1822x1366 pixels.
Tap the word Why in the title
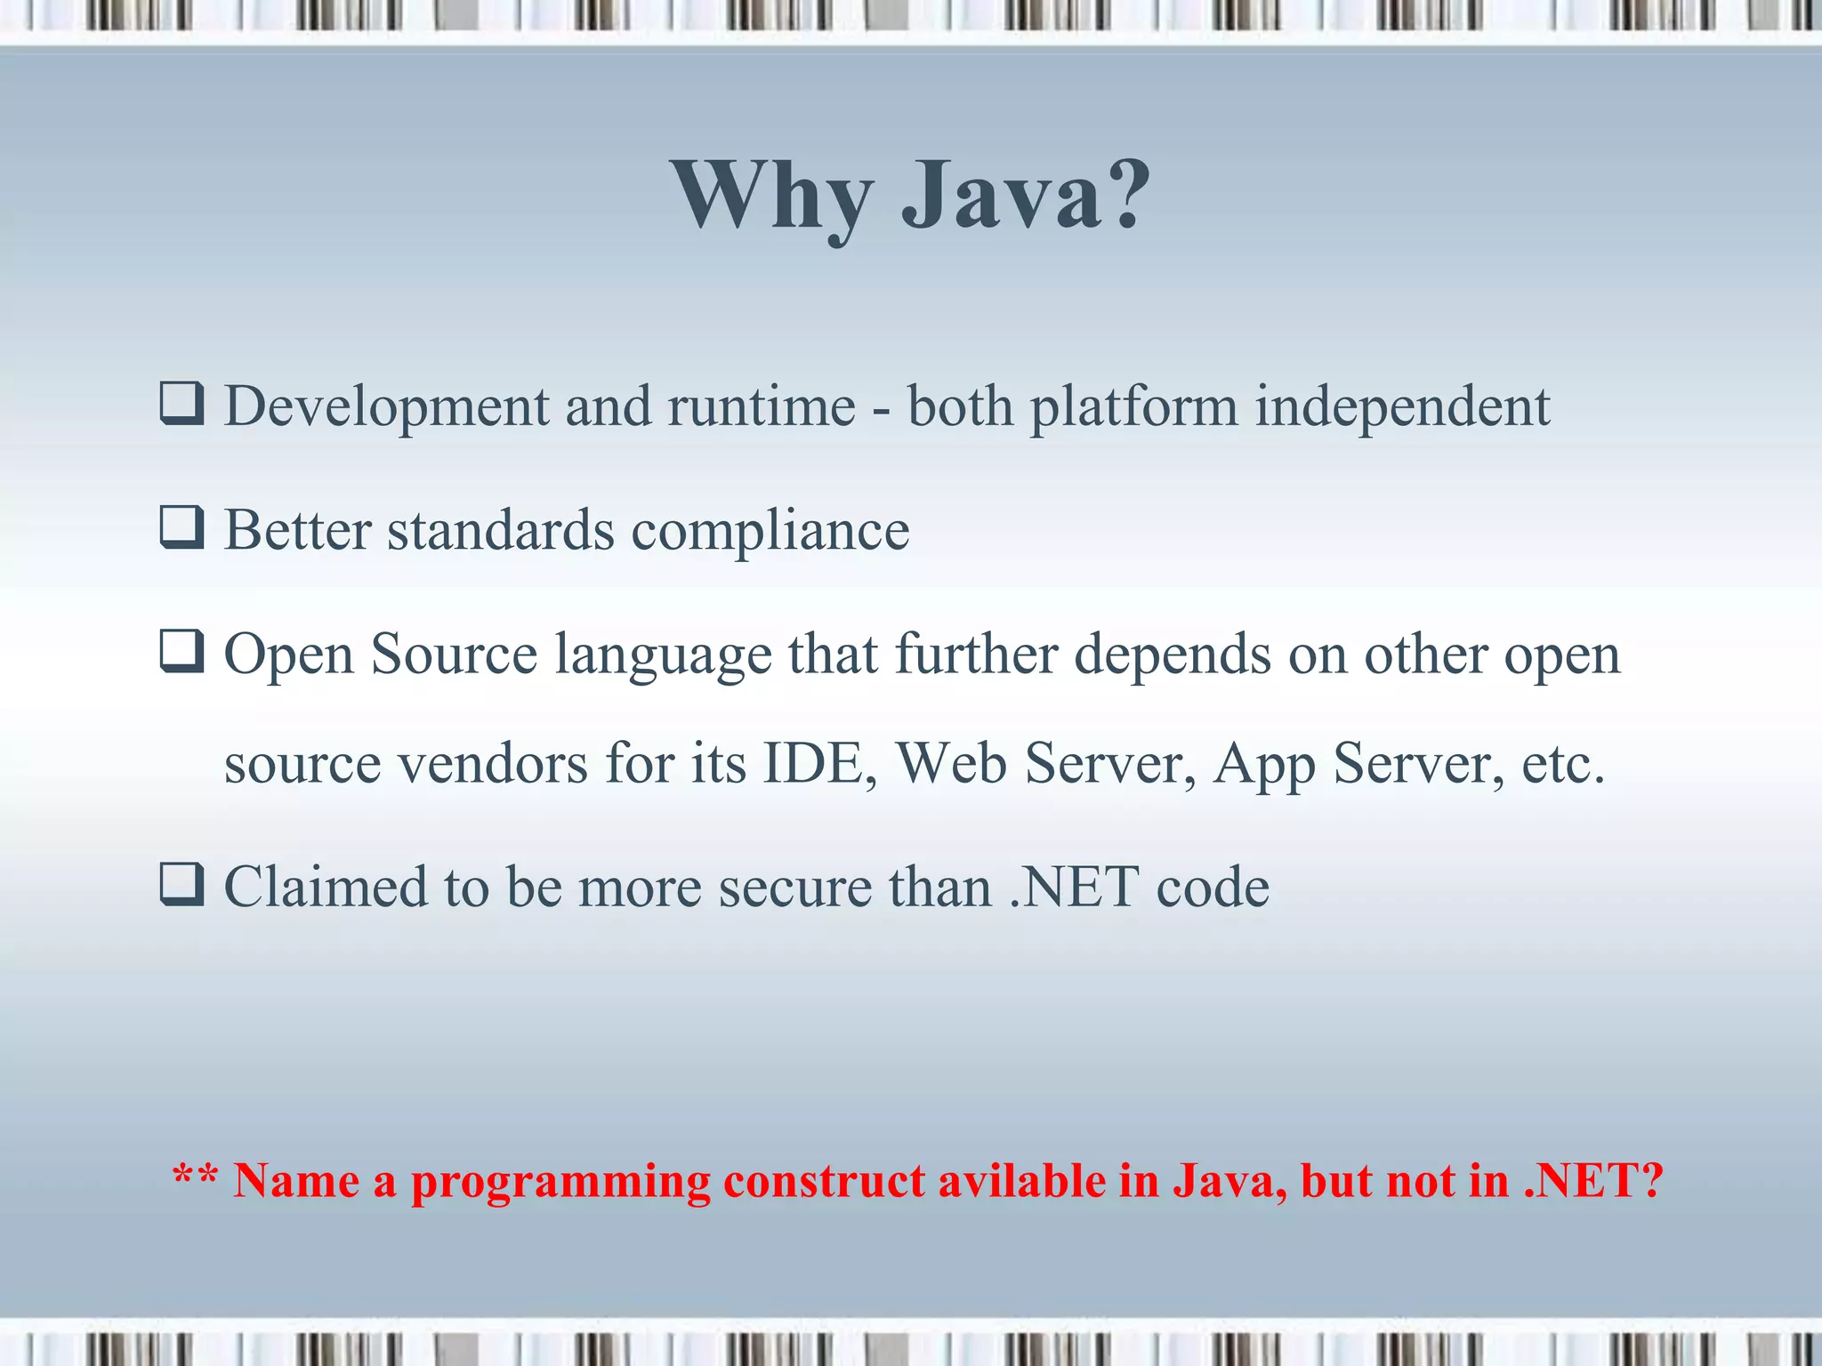(x=770, y=197)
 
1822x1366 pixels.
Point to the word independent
(x=1402, y=408)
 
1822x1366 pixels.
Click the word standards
(x=501, y=530)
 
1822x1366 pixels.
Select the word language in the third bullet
(x=664, y=656)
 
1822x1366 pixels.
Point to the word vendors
(x=493, y=765)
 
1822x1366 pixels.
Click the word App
(x=1264, y=765)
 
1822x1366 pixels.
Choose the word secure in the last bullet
(x=795, y=888)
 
